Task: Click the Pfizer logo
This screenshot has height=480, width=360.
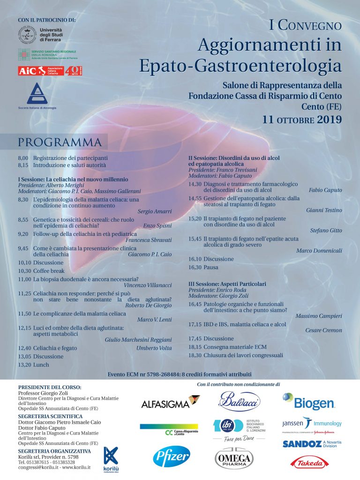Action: click(171, 457)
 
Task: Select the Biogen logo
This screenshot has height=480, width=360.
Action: click(308, 401)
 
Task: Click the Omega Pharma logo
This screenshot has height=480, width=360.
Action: click(233, 458)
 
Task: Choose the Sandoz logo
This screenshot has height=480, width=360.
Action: click(311, 443)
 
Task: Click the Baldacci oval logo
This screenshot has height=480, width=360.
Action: click(240, 402)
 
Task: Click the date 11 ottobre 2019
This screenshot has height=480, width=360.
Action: click(302, 119)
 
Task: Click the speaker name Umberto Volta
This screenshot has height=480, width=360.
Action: click(154, 348)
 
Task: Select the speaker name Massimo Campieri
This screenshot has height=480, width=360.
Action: click(318, 316)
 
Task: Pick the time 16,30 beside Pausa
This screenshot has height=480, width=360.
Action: click(195, 267)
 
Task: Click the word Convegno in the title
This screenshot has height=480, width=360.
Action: click(310, 26)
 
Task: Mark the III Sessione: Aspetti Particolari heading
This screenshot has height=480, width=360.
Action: click(227, 284)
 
